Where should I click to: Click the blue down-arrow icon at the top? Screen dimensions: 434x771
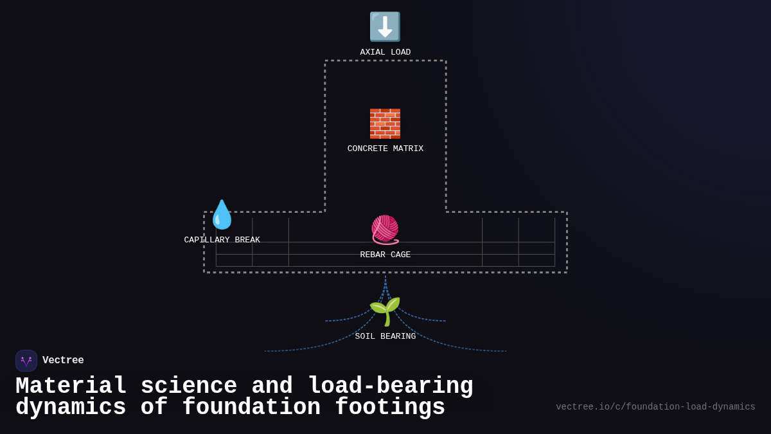(x=385, y=27)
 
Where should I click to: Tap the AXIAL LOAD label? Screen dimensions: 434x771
(x=385, y=53)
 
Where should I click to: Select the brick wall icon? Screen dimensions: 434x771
(x=385, y=123)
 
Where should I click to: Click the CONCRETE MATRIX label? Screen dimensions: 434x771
(x=385, y=149)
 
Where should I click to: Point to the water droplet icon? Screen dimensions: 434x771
(x=222, y=215)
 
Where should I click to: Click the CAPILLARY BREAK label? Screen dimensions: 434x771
(x=222, y=240)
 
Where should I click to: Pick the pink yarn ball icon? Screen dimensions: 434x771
(x=385, y=230)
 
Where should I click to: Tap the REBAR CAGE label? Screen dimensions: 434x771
(x=385, y=255)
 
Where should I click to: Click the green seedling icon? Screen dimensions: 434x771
(x=385, y=311)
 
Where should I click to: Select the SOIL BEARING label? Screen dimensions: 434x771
(x=385, y=337)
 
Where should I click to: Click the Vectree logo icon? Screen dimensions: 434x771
(x=26, y=361)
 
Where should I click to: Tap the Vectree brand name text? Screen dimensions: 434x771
(x=63, y=361)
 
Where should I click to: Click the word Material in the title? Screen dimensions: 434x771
(x=71, y=386)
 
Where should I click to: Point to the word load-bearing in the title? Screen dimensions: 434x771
(x=391, y=386)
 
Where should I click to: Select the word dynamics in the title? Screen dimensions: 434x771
(x=71, y=408)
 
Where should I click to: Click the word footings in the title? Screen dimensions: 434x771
(x=390, y=408)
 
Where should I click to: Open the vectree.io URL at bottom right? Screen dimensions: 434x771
(x=655, y=407)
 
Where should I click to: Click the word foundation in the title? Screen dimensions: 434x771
(x=251, y=408)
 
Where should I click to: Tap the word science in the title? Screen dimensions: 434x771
(x=189, y=386)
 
